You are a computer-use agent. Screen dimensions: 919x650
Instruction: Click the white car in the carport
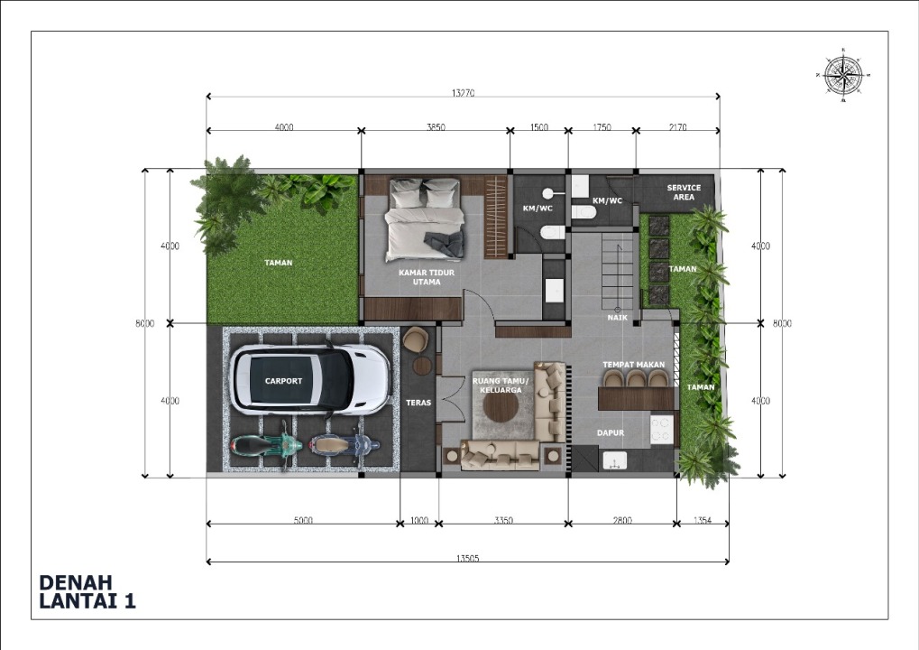pyautogui.click(x=310, y=379)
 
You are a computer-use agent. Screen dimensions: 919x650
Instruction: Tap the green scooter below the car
pyautogui.click(x=267, y=445)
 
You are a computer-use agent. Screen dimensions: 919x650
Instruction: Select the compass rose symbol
pyautogui.click(x=843, y=75)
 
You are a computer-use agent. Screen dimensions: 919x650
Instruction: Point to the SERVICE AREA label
pyautogui.click(x=684, y=192)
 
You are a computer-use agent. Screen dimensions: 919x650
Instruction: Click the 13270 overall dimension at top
pyautogui.click(x=463, y=93)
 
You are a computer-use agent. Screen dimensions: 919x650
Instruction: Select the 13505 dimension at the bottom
pyautogui.click(x=467, y=558)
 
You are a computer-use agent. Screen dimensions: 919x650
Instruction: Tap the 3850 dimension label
pyautogui.click(x=436, y=126)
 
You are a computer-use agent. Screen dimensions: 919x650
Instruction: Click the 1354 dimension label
pyautogui.click(x=703, y=520)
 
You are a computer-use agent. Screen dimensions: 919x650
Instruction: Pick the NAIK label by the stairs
pyautogui.click(x=617, y=318)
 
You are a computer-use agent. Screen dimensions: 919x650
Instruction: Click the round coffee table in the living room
pyautogui.click(x=501, y=406)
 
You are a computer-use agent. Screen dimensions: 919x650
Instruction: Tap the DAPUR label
pyautogui.click(x=611, y=433)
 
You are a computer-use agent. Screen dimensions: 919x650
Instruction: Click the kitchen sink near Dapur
pyautogui.click(x=614, y=461)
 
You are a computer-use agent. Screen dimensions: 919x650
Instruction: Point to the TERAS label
pyautogui.click(x=418, y=403)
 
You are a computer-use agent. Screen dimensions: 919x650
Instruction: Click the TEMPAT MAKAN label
pyautogui.click(x=634, y=365)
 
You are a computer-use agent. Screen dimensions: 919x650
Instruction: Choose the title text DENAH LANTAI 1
pyautogui.click(x=87, y=591)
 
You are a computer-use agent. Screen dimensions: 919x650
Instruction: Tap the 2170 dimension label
pyautogui.click(x=677, y=126)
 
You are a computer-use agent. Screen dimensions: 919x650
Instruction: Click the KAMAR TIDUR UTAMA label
pyautogui.click(x=427, y=277)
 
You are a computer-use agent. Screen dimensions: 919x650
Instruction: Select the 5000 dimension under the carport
pyautogui.click(x=302, y=520)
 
